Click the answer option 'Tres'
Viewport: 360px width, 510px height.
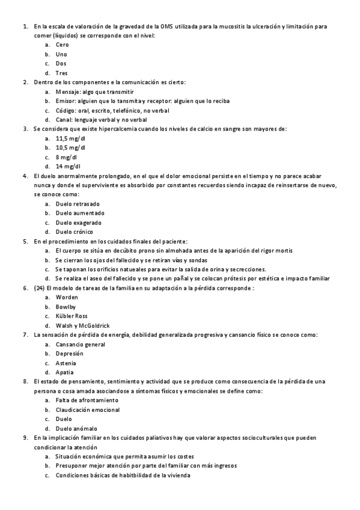click(61, 73)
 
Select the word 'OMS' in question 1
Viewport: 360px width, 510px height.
click(166, 26)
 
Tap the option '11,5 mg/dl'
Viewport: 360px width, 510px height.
click(70, 138)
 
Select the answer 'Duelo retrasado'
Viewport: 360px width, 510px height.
click(78, 204)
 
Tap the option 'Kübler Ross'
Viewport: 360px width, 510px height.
click(72, 316)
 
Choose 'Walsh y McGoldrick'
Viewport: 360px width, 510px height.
click(82, 325)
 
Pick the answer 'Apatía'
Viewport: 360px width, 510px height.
click(64, 372)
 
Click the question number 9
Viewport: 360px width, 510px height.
click(25, 438)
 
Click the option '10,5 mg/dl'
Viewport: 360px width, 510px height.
click(70, 147)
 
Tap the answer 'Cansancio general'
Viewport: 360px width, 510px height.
click(80, 345)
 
